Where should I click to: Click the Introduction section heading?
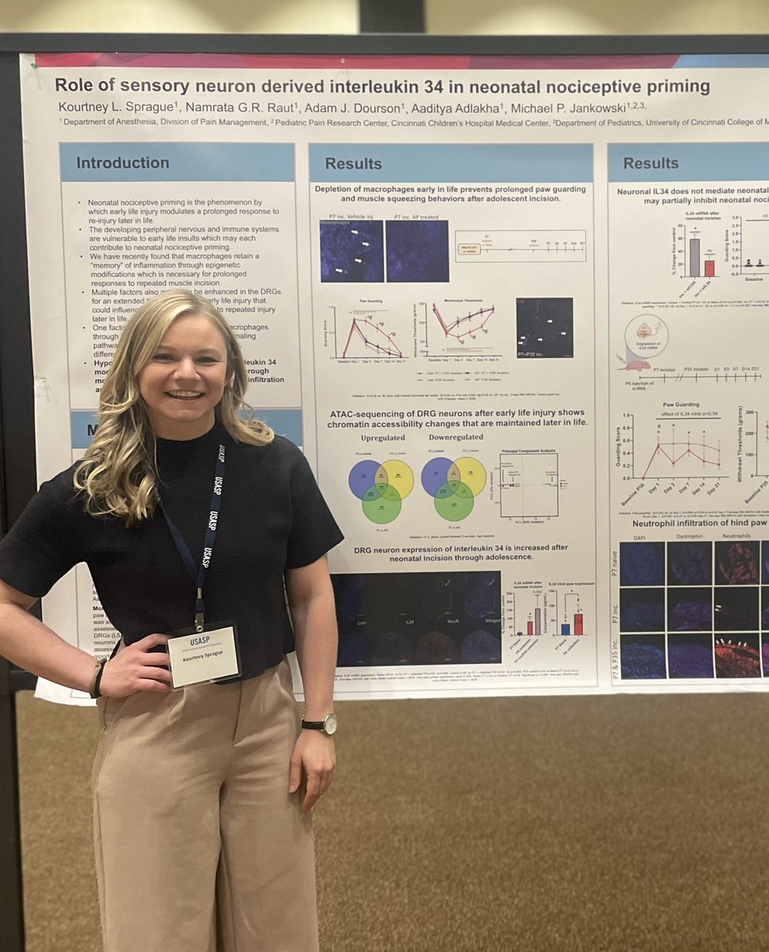tap(123, 163)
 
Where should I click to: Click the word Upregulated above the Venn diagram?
tap(383, 437)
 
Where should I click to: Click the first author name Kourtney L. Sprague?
tap(106, 106)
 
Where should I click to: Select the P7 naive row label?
tap(613, 563)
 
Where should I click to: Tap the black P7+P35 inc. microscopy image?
tap(544, 328)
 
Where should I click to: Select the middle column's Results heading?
tap(353, 163)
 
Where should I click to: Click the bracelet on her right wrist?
tap(98, 678)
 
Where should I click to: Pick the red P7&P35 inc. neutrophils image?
tap(737, 655)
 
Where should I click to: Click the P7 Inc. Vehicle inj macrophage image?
tap(352, 251)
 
